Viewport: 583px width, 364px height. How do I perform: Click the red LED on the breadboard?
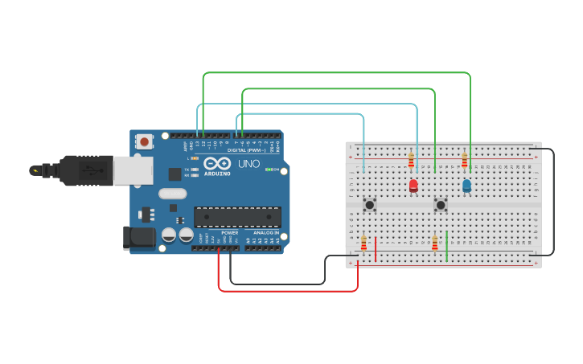coord(413,186)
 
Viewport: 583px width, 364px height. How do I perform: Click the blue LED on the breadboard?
coord(466,186)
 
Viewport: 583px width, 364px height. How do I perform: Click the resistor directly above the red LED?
coord(411,160)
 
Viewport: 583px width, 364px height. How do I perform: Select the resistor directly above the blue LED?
coord(464,160)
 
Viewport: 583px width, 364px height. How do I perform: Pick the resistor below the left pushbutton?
coord(363,242)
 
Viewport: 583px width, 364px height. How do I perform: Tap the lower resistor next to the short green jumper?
coord(434,242)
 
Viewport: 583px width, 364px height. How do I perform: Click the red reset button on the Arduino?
coord(145,141)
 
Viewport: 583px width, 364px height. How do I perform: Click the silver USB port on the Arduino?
coord(133,170)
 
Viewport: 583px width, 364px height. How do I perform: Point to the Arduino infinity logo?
coord(217,163)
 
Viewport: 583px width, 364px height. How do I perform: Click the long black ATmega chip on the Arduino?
coord(237,217)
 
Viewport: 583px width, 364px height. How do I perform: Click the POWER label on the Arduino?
coord(229,233)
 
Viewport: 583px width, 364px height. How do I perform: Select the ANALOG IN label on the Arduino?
coord(265,233)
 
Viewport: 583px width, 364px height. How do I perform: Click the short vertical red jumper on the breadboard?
coord(375,248)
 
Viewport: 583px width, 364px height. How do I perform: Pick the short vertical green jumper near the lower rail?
coord(446,246)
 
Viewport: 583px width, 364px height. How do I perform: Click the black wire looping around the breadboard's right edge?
coord(553,201)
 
